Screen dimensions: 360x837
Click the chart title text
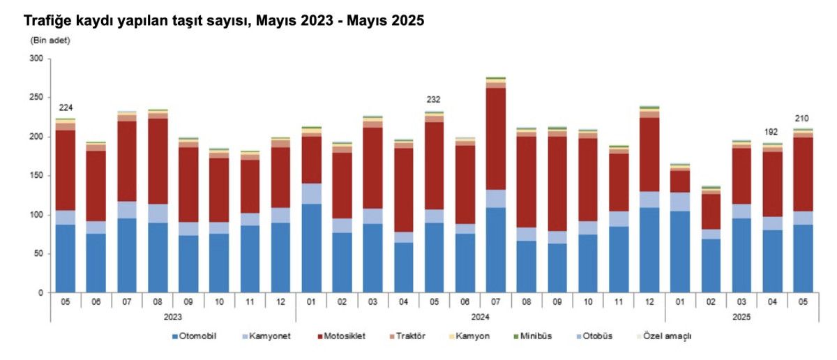[224, 21]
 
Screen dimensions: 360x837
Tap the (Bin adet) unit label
[50, 40]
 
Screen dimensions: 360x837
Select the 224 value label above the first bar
[66, 107]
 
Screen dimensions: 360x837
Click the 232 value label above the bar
[433, 100]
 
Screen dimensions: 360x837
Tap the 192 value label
[771, 131]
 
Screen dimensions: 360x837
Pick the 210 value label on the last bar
[801, 119]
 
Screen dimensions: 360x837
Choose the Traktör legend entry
[411, 336]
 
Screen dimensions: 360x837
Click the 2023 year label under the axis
[173, 316]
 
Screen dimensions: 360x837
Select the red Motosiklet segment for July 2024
[495, 138]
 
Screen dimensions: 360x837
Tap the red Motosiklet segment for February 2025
[709, 211]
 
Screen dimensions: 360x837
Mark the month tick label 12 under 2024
[649, 301]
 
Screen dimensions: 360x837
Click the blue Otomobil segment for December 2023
[280, 257]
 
